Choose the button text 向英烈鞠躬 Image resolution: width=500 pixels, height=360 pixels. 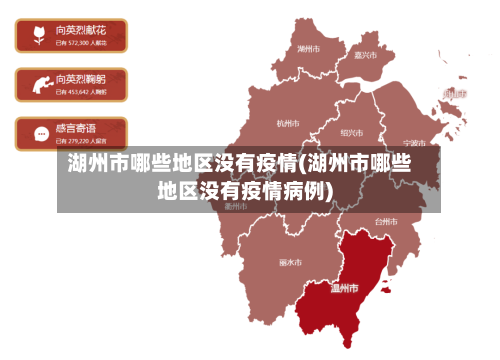click(82, 79)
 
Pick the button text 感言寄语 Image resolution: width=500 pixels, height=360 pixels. click(77, 128)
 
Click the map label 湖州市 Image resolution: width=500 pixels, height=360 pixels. click(309, 48)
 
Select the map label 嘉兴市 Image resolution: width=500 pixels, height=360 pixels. click(366, 55)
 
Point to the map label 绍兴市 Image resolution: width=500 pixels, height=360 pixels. click(351, 132)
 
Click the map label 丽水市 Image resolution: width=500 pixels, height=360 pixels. click(290, 263)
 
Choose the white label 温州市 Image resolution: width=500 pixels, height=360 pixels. click(344, 288)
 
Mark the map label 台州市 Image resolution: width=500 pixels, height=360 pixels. click(385, 221)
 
